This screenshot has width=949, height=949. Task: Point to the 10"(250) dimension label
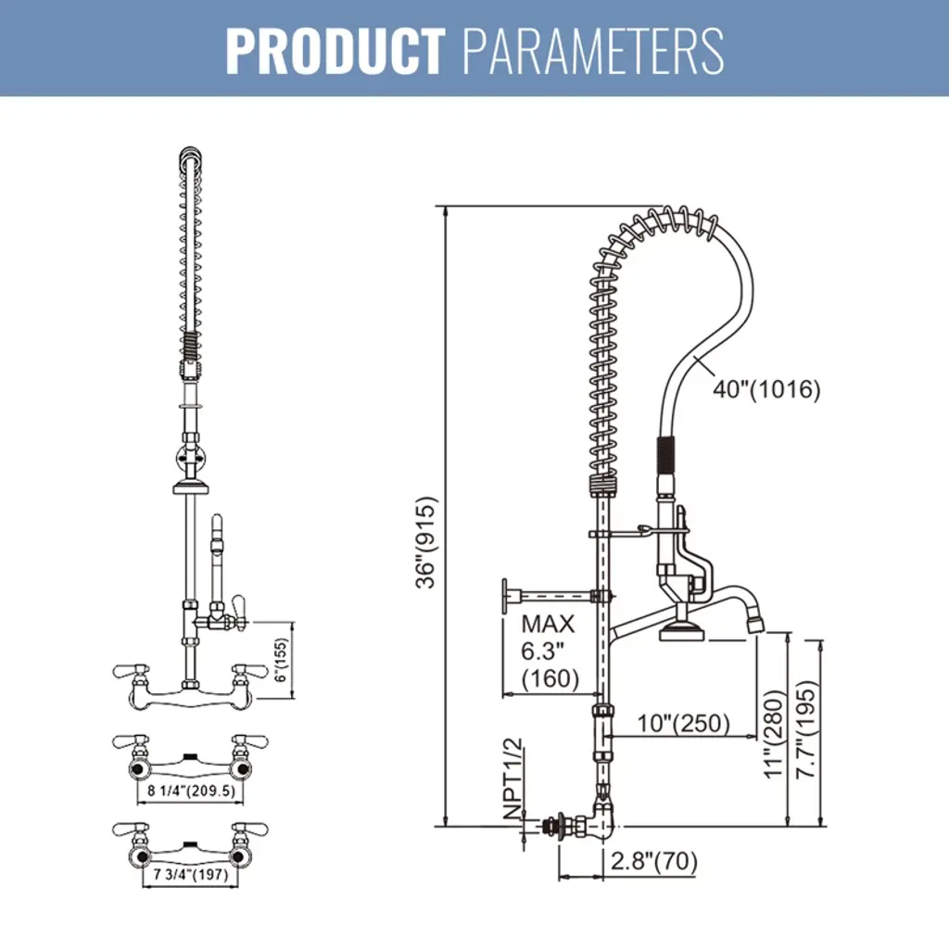pyautogui.click(x=684, y=722)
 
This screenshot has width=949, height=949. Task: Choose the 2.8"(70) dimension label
pyautogui.click(x=653, y=862)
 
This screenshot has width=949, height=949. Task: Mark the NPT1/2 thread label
pyautogui.click(x=512, y=778)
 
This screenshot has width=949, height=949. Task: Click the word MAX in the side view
pyautogui.click(x=548, y=624)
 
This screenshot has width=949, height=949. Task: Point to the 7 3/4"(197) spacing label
pyautogui.click(x=191, y=873)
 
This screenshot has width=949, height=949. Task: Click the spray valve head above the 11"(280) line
pyautogui.click(x=682, y=633)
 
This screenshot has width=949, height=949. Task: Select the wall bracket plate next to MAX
pyautogui.click(x=506, y=595)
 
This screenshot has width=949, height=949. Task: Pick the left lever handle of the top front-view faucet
pyautogui.click(x=128, y=669)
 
